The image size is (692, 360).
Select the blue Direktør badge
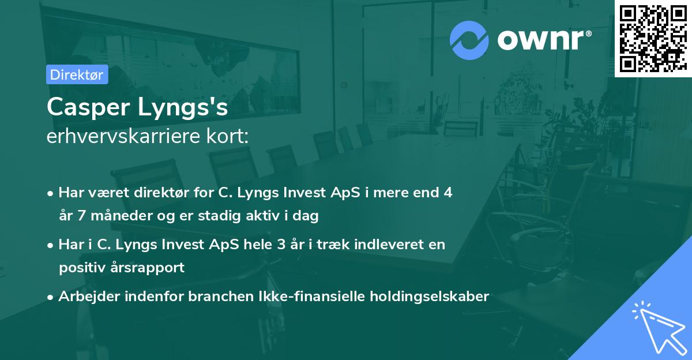click(77, 74)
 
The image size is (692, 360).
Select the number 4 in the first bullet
click(447, 193)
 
